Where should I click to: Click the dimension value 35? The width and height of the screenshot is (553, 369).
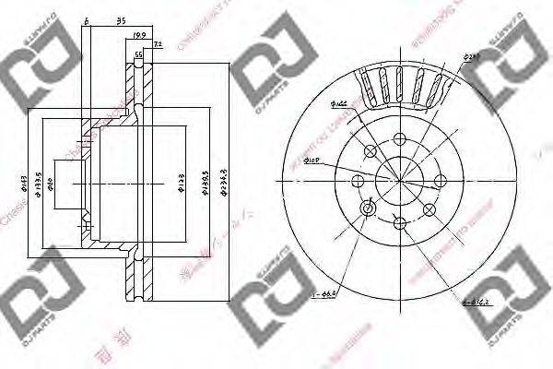point(121,19)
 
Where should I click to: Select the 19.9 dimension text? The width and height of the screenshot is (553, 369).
point(140,36)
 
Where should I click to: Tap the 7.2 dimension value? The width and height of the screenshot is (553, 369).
point(157,43)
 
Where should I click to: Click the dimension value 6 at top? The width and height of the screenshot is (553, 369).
point(86,19)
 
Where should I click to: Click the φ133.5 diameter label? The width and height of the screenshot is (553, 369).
point(37,181)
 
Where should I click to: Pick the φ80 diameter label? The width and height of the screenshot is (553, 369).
point(50,181)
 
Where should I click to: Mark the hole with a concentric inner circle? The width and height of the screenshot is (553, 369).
point(369,209)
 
